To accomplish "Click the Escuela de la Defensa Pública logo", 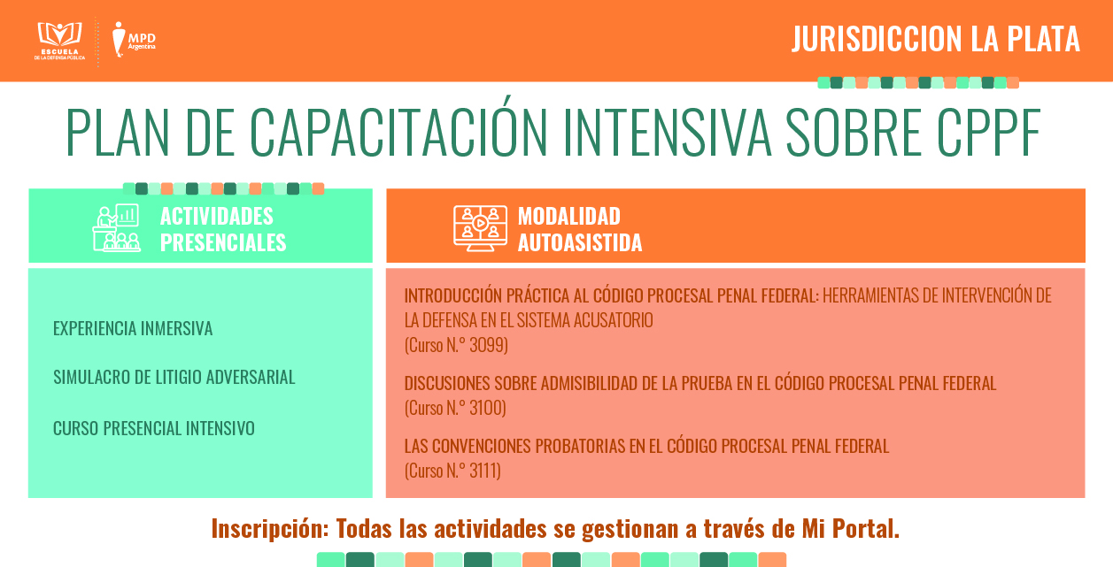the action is (59, 42).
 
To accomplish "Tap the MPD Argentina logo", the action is (134, 39).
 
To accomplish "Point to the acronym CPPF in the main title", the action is (988, 132).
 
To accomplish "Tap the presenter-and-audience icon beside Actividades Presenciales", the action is (116, 227).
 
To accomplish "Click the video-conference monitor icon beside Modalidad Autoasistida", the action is (480, 228).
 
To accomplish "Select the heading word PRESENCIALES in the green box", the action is (223, 242).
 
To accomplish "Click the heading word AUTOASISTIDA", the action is (580, 242).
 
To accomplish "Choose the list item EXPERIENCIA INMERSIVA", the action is (133, 328).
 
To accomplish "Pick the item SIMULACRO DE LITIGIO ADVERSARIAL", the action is (174, 378).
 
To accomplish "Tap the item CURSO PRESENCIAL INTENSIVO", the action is (153, 428).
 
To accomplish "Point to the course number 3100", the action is (486, 408).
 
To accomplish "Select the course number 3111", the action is (483, 471).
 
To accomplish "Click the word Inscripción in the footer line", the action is (270, 528).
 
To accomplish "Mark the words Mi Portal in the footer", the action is (850, 528).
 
